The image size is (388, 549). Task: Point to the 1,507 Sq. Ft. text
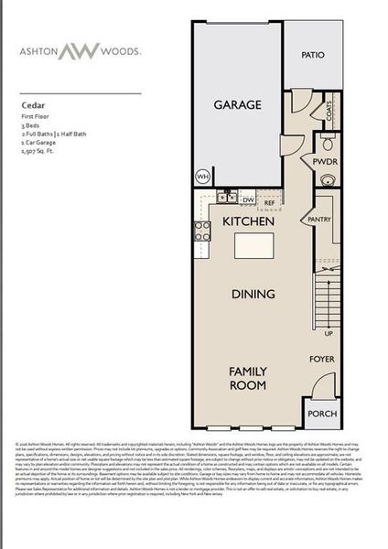pos(44,161)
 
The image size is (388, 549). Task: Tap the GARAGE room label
pos(238,105)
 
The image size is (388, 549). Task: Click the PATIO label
pos(314,56)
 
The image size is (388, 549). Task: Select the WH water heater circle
pos(202,176)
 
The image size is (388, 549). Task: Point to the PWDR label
pos(325,162)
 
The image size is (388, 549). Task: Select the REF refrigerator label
pos(270,203)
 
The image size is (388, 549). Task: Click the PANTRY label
pos(319,220)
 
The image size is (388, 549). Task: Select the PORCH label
pos(322,412)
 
